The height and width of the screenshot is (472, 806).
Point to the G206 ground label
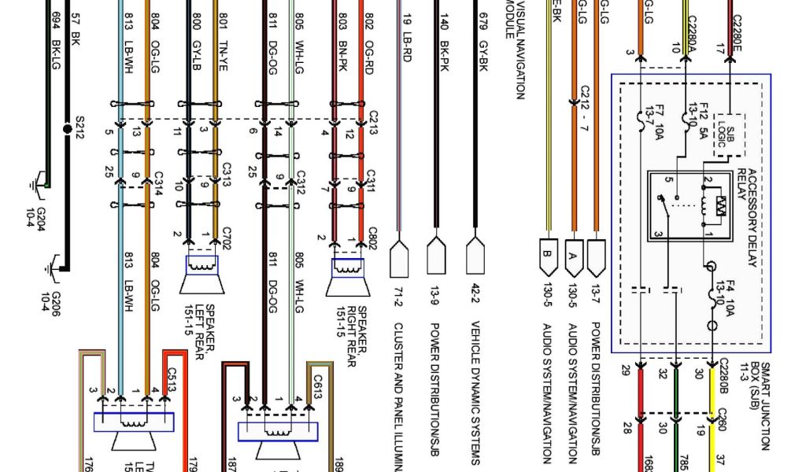(x=50, y=301)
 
